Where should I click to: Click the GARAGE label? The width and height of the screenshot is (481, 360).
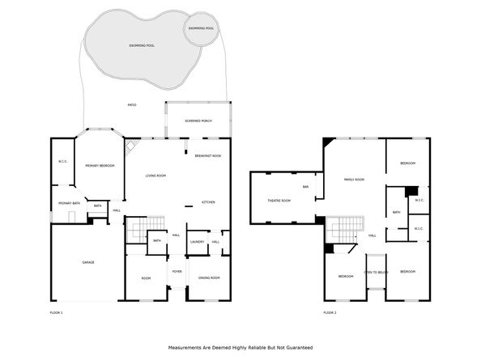click(x=88, y=262)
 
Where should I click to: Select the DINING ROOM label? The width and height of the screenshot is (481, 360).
click(x=209, y=277)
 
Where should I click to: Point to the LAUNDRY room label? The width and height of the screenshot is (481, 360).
click(x=196, y=241)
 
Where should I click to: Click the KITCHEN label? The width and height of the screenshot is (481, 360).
click(x=208, y=201)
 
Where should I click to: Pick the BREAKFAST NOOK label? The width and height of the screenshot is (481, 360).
click(x=208, y=155)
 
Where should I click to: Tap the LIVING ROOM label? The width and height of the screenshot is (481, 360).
click(x=155, y=176)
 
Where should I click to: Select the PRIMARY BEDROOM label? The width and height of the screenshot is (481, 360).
click(x=100, y=165)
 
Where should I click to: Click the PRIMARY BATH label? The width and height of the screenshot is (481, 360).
click(x=68, y=203)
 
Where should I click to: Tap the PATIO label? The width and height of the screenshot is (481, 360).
click(x=131, y=104)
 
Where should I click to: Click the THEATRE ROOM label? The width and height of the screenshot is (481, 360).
click(x=279, y=200)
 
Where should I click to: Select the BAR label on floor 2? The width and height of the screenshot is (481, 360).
click(x=306, y=187)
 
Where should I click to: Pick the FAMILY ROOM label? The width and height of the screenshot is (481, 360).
click(x=354, y=179)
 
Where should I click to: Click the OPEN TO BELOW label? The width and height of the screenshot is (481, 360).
click(x=376, y=272)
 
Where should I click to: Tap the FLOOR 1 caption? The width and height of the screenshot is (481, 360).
click(x=57, y=311)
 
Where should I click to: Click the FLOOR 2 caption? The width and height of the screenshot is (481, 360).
click(x=330, y=311)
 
